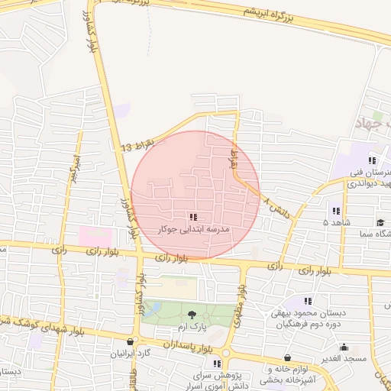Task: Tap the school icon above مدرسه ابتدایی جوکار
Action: click(193, 218)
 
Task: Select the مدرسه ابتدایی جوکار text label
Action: click(193, 229)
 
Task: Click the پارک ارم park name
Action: click(192, 325)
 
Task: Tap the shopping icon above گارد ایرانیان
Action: click(131, 342)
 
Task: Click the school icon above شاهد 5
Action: click(336, 211)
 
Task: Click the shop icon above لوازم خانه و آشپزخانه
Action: click(287, 357)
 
